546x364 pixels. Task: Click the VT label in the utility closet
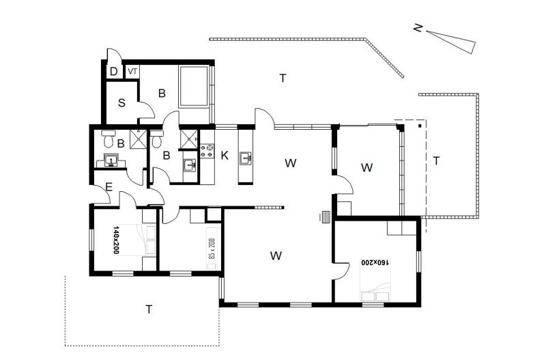[132, 72]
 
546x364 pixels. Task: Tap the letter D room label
[113, 72]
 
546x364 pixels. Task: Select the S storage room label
[121, 103]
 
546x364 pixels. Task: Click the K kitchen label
[225, 155]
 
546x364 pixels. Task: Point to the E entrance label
[109, 188]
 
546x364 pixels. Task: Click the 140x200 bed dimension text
[116, 240]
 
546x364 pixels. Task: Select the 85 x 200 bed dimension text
[212, 249]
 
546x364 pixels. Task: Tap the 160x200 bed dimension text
[375, 262]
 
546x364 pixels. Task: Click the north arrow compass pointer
[451, 42]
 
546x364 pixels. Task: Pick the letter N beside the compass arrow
[418, 27]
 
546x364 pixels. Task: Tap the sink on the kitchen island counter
[246, 158]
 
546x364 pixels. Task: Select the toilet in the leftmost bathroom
[108, 139]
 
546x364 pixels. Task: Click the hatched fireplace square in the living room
[327, 217]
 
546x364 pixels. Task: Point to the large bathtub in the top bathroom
[193, 86]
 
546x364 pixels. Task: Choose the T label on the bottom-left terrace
[149, 309]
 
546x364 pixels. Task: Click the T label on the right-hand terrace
[436, 161]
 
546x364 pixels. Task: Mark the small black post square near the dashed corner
[420, 126]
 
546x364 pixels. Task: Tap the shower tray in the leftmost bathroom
[139, 139]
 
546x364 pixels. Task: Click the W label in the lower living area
[276, 256]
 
